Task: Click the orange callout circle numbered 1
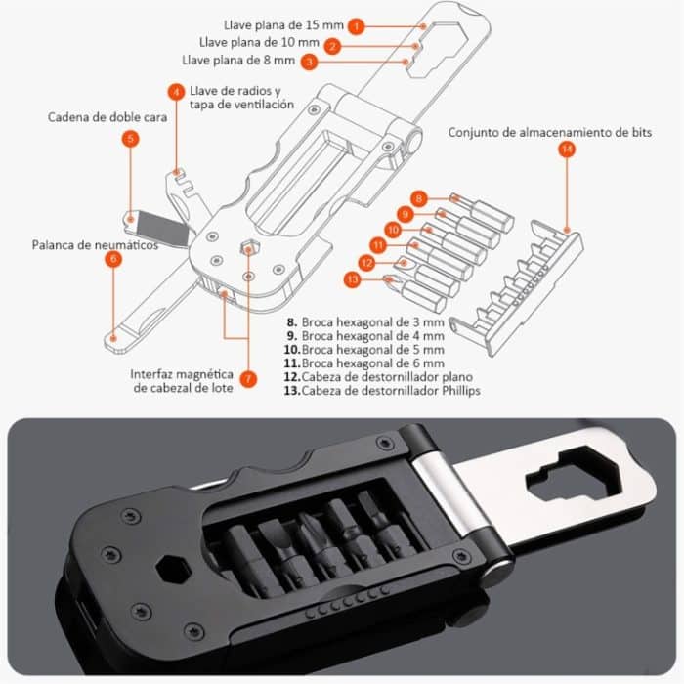tap(358, 26)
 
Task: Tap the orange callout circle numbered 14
tap(567, 150)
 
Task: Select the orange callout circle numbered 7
tap(248, 377)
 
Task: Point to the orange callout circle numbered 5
tap(131, 139)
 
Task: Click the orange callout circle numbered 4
tap(176, 92)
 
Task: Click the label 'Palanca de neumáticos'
tap(95, 245)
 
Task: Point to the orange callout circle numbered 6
tap(114, 259)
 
